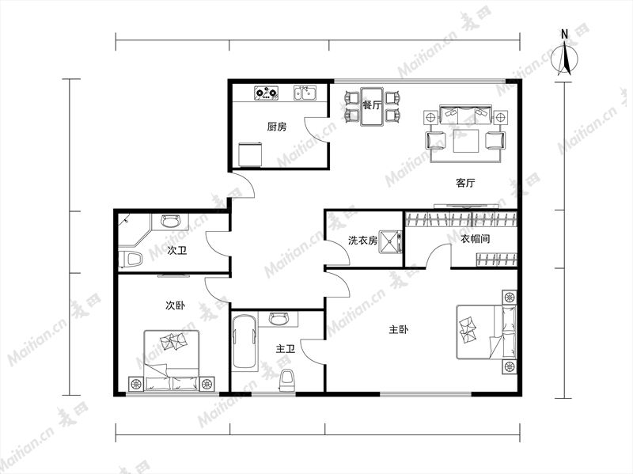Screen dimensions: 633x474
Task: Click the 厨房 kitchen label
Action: [x=276, y=127]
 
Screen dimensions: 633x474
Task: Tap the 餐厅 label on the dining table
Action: [x=371, y=105]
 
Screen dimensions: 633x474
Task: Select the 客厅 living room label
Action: [x=465, y=183]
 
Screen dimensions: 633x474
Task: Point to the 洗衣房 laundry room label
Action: [x=362, y=241]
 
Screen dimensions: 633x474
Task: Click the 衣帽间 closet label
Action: [x=476, y=239]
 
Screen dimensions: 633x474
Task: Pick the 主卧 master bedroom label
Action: [x=399, y=330]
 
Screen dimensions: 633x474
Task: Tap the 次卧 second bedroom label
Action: [x=175, y=305]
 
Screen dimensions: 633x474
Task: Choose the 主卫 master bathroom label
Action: [x=286, y=348]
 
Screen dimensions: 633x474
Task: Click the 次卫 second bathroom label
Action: [x=177, y=251]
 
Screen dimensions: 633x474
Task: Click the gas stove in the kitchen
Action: [x=267, y=93]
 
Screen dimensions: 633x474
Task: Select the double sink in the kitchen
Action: [x=305, y=93]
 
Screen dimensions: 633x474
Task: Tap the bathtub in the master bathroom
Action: [x=244, y=343]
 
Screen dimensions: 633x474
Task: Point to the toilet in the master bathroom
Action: [x=287, y=381]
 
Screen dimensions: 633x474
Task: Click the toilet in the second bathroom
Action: [x=130, y=260]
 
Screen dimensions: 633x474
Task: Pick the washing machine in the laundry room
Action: [x=390, y=241]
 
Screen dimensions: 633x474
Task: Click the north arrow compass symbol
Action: [x=565, y=56]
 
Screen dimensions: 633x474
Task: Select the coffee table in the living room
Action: [x=466, y=141]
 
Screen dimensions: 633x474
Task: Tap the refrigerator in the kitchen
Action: [x=250, y=154]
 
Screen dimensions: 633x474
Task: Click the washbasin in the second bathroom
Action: [x=169, y=222]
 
